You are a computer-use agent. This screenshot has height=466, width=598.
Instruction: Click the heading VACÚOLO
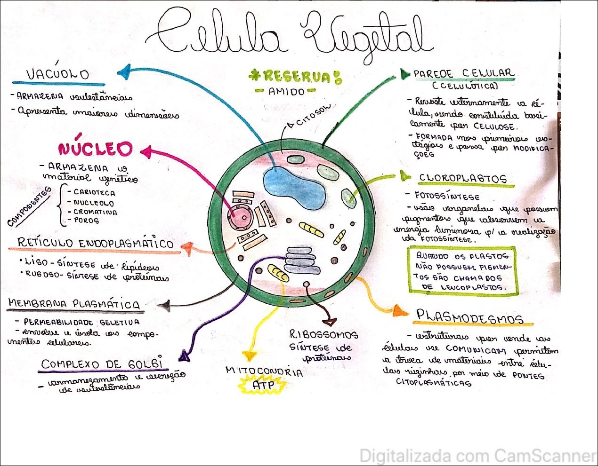[x=57, y=74]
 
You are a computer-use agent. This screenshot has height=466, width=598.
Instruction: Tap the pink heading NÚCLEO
[x=95, y=150]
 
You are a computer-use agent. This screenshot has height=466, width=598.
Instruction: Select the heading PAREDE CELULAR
[x=463, y=74]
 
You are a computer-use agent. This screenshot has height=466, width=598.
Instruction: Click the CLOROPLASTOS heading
[x=462, y=179]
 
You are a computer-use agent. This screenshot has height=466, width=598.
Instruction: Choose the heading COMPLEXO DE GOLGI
[x=102, y=364]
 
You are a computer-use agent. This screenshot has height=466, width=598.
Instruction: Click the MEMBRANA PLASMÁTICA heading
[x=73, y=304]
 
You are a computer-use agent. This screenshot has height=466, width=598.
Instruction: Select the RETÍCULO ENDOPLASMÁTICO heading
[x=96, y=243]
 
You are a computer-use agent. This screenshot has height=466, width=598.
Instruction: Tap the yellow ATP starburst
[x=262, y=385]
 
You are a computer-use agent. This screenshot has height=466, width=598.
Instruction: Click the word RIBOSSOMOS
[x=323, y=335]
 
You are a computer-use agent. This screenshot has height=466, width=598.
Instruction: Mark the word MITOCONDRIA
[x=264, y=371]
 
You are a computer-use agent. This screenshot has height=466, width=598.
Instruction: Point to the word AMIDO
[x=286, y=91]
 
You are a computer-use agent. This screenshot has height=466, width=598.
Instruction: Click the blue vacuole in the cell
[x=294, y=188]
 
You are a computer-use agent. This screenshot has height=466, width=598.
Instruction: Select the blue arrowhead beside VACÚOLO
[x=123, y=72]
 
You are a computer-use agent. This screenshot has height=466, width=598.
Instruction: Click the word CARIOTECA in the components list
[x=94, y=192]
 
